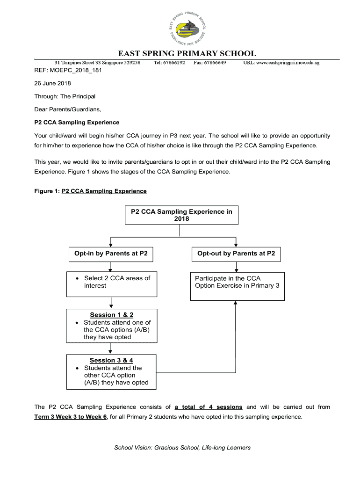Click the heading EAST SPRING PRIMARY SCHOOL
(x=186, y=54)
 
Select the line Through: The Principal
(x=65, y=96)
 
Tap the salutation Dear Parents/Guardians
(x=68, y=109)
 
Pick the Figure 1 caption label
(x=91, y=191)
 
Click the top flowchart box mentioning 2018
(x=181, y=215)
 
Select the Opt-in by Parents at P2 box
(x=111, y=254)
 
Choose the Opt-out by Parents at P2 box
(x=236, y=254)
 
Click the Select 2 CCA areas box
(x=112, y=284)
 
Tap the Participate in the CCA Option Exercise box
(x=237, y=286)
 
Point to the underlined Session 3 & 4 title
(x=111, y=360)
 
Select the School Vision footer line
(x=183, y=448)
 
